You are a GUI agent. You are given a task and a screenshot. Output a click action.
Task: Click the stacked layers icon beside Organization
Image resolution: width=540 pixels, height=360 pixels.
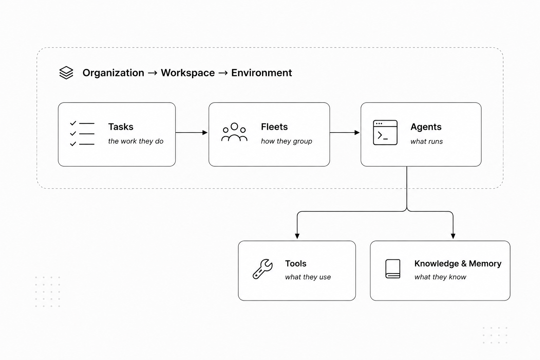pyautogui.click(x=66, y=72)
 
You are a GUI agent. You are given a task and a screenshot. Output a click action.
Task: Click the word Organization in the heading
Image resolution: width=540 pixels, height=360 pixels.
pyautogui.click(x=113, y=73)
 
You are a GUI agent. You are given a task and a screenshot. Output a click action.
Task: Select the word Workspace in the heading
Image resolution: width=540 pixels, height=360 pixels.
pyautogui.click(x=188, y=73)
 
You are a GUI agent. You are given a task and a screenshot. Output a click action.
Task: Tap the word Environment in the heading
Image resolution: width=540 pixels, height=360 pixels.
pyautogui.click(x=262, y=73)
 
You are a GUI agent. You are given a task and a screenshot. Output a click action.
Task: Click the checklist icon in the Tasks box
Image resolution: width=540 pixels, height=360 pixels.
pyautogui.click(x=82, y=134)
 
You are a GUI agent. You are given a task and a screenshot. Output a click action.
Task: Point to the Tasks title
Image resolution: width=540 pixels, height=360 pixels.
pyautogui.click(x=121, y=127)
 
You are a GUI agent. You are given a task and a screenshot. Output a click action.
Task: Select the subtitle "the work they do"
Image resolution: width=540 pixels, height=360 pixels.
pyautogui.click(x=136, y=141)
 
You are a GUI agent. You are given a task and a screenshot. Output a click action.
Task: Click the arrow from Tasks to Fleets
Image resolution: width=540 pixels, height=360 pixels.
pyautogui.click(x=192, y=133)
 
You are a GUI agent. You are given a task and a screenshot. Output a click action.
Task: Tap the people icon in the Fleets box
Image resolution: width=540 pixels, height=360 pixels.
pyautogui.click(x=234, y=132)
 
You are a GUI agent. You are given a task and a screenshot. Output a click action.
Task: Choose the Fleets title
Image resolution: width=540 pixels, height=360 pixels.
pyautogui.click(x=274, y=127)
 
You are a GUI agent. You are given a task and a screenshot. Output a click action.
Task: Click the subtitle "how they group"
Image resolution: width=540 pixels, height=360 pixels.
pyautogui.click(x=287, y=141)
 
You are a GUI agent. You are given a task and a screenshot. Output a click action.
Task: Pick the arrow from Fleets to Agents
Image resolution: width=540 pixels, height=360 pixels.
pyautogui.click(x=345, y=133)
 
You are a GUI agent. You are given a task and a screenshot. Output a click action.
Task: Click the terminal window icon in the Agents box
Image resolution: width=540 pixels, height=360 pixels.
pyautogui.click(x=385, y=133)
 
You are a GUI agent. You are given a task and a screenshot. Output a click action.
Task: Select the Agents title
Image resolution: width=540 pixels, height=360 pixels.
pyautogui.click(x=426, y=127)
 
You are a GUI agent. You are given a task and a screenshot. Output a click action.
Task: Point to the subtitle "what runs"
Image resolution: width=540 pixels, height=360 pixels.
pyautogui.click(x=427, y=141)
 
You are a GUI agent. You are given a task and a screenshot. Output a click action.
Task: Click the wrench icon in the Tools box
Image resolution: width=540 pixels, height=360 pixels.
pyautogui.click(x=263, y=269)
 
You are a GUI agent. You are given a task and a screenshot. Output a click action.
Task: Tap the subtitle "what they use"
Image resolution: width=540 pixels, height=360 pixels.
pyautogui.click(x=308, y=277)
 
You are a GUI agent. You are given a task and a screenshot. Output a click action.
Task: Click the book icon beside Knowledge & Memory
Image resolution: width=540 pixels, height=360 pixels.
pyautogui.click(x=393, y=269)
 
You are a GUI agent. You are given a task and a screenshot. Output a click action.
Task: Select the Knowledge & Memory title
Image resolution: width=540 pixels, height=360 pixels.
pyautogui.click(x=458, y=264)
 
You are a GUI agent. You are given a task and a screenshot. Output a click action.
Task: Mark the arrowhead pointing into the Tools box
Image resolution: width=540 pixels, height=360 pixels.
pyautogui.click(x=297, y=236)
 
